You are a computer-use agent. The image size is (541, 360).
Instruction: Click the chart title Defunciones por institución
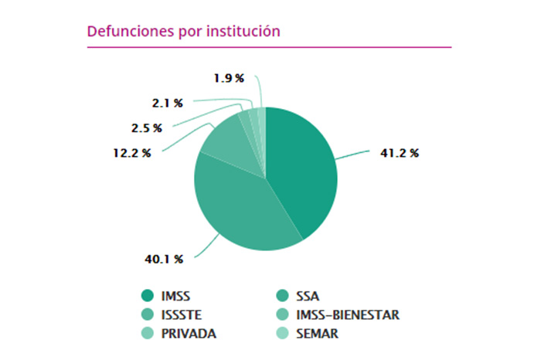click(x=183, y=32)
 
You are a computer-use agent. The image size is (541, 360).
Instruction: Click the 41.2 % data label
click(x=399, y=153)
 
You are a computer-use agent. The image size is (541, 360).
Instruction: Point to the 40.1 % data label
click(x=163, y=259)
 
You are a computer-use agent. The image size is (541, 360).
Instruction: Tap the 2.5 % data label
click(x=146, y=127)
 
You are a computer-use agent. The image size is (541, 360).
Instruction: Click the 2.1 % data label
click(x=167, y=102)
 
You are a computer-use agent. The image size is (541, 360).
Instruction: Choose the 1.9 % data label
click(x=229, y=78)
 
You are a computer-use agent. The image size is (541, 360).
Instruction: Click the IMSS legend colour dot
click(x=147, y=296)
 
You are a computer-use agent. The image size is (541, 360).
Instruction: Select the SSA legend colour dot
click(x=282, y=296)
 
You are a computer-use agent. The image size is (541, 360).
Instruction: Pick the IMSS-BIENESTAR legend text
click(x=349, y=314)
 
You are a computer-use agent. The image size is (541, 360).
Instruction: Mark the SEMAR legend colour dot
click(x=282, y=333)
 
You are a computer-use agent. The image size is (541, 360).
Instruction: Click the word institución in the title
click(x=240, y=32)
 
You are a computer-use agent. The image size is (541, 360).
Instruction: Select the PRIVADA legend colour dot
click(x=147, y=333)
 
